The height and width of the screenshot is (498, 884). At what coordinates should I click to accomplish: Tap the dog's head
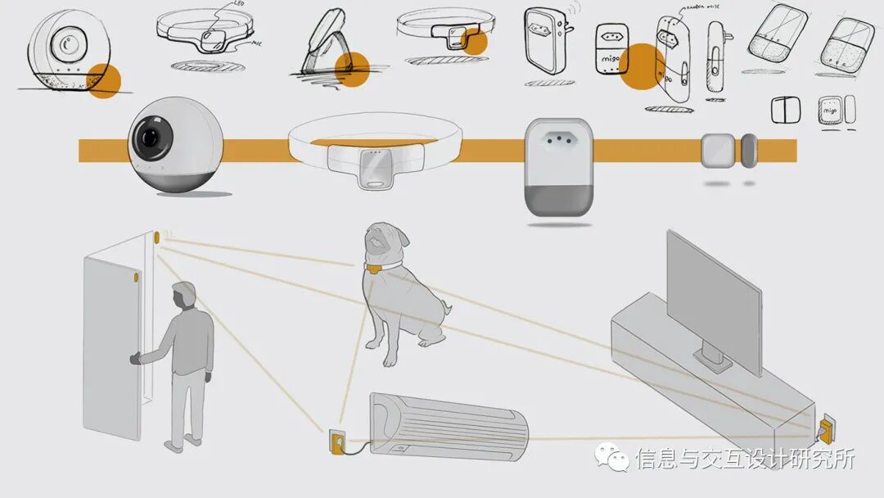point(379,238)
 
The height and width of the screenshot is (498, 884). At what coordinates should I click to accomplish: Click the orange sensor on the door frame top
point(156,238)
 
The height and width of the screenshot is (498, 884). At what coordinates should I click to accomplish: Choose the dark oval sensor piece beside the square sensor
point(749,150)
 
